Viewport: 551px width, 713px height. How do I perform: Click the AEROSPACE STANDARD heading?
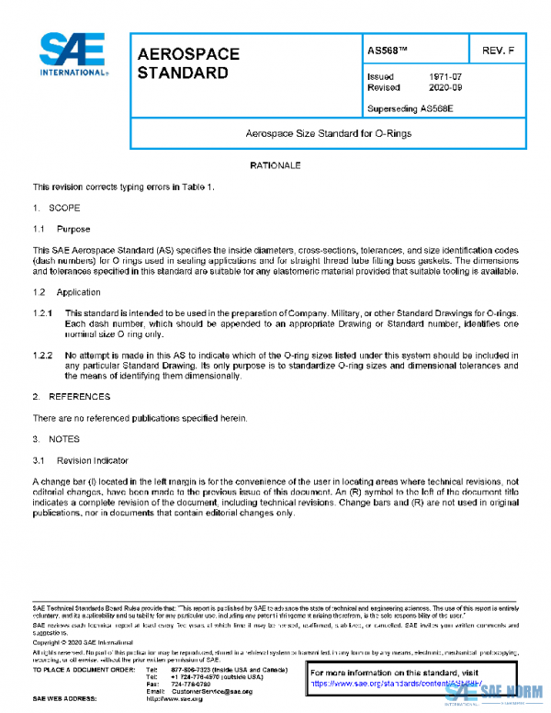(187, 63)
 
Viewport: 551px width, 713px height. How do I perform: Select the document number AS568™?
(388, 51)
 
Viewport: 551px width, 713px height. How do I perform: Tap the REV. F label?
(497, 51)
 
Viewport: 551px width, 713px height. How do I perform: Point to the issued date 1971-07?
(444, 77)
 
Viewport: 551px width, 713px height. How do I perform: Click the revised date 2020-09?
(444, 88)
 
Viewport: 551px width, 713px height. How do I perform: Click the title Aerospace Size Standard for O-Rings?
(328, 133)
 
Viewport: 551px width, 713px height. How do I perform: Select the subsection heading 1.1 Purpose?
(62, 229)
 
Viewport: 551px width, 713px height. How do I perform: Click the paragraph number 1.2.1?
(44, 312)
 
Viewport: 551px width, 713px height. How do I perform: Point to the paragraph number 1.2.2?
(44, 355)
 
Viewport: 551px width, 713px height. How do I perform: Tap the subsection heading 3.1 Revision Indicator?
(82, 460)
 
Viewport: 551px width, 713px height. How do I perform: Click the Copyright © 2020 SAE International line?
(85, 643)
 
